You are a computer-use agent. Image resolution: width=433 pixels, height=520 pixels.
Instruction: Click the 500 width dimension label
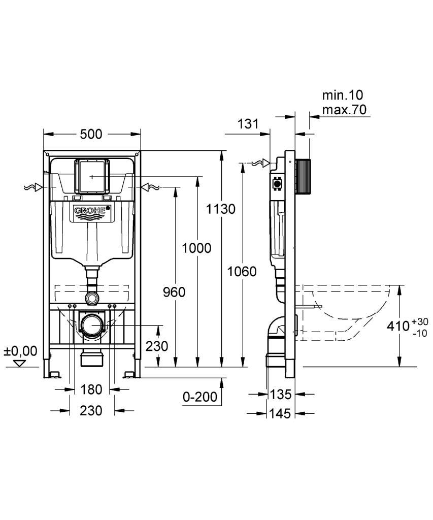click(x=91, y=134)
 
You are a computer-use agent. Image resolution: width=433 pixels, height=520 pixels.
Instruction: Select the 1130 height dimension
click(x=221, y=209)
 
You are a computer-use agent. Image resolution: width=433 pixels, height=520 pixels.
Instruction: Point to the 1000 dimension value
click(x=196, y=248)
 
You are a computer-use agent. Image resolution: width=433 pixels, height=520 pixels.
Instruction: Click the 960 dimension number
click(x=174, y=292)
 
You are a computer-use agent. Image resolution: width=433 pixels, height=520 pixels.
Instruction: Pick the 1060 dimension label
click(x=242, y=272)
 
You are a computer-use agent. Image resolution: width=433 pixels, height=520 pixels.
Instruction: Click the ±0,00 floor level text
click(x=20, y=351)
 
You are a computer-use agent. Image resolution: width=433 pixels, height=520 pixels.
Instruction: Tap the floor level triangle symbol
click(x=20, y=364)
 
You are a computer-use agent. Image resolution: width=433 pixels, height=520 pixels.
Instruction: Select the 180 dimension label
click(x=91, y=389)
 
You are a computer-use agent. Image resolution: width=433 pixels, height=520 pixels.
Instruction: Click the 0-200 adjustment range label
click(x=200, y=396)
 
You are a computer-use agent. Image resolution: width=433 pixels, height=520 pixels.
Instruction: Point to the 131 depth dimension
click(x=248, y=124)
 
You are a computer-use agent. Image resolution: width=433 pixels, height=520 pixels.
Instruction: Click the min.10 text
click(x=343, y=95)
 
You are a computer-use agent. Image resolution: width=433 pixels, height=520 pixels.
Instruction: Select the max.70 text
click(x=345, y=110)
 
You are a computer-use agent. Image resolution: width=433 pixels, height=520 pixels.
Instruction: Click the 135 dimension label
click(x=281, y=394)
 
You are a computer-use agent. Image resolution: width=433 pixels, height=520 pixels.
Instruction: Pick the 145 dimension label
click(x=281, y=413)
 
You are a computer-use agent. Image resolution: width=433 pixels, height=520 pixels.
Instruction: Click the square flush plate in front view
click(x=92, y=176)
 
